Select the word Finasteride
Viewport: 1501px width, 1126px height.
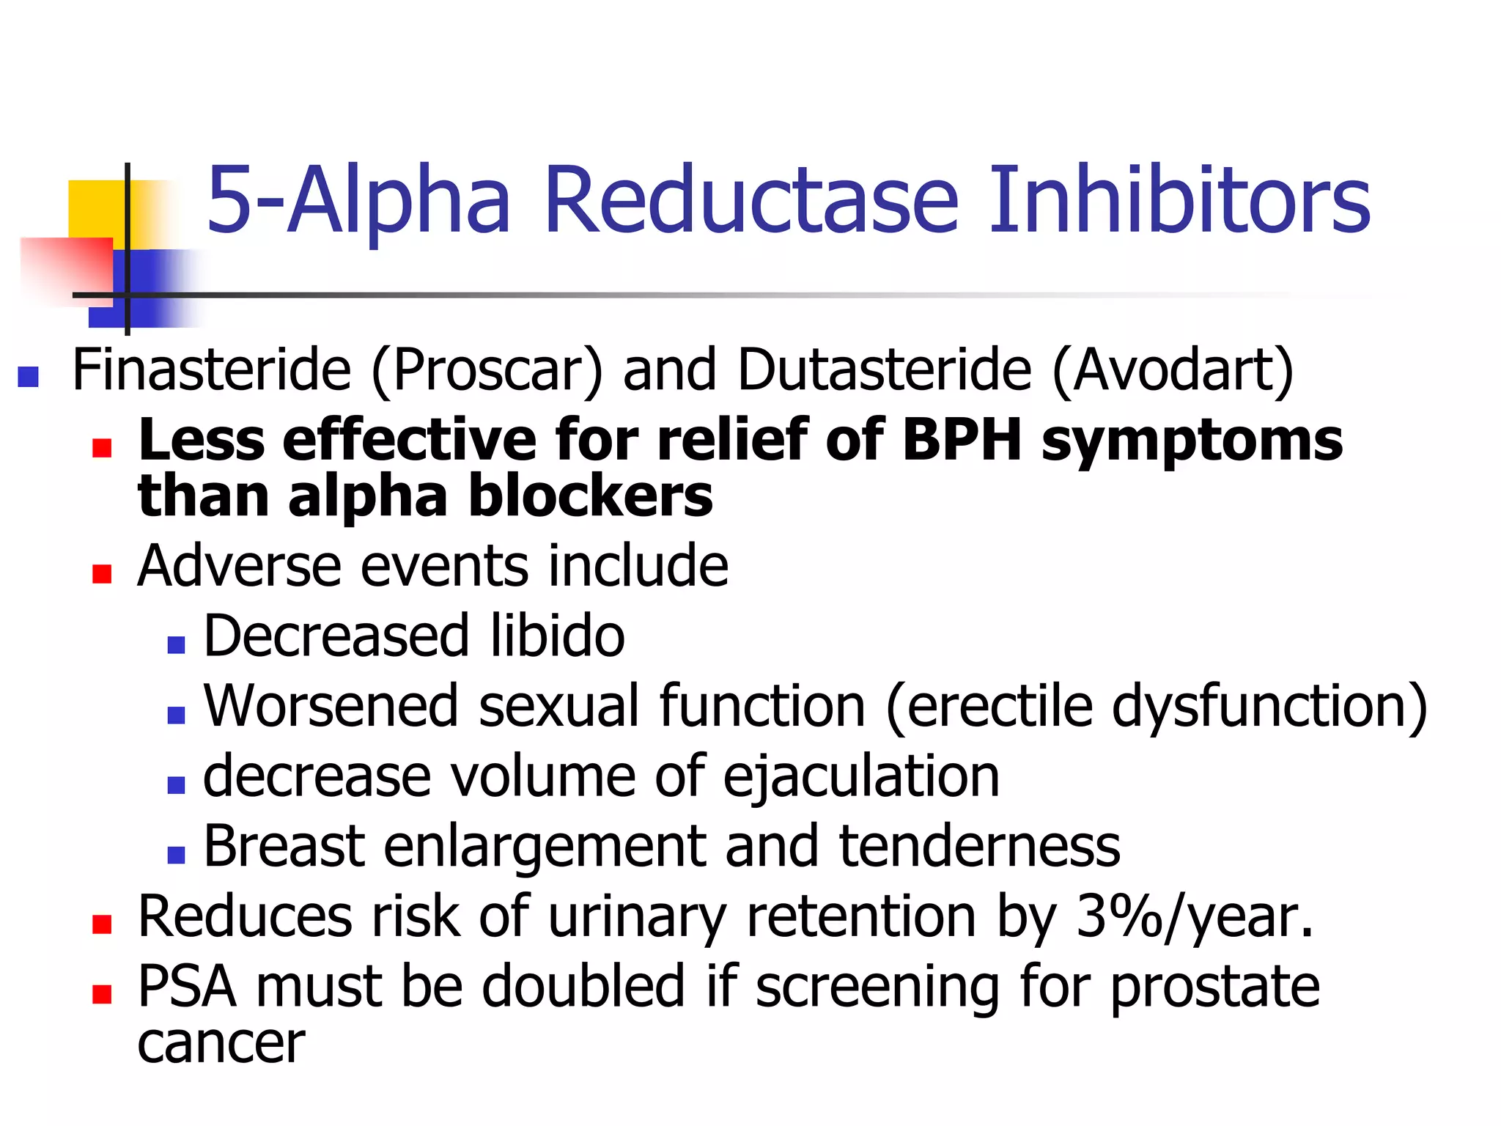(212, 370)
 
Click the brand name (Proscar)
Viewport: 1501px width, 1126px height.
(487, 372)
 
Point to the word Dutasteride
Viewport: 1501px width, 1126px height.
(884, 370)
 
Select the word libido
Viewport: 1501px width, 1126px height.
(557, 636)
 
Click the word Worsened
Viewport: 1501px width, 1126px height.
(331, 706)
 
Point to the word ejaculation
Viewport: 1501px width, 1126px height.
(861, 777)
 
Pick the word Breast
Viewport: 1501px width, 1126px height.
(284, 847)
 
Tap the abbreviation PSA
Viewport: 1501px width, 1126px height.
(186, 987)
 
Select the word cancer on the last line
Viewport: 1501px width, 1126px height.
(221, 1043)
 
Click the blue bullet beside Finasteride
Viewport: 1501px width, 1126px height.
(28, 377)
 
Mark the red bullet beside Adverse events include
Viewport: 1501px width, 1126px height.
(102, 573)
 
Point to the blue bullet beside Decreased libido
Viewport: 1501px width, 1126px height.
(176, 644)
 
